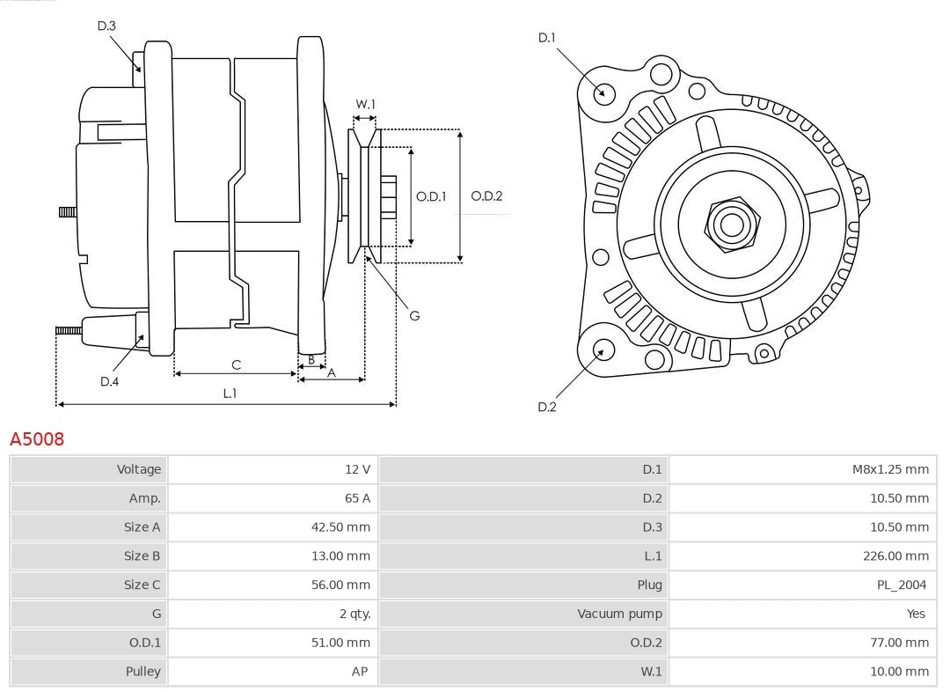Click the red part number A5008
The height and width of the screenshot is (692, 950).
(37, 438)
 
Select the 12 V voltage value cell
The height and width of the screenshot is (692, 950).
(357, 469)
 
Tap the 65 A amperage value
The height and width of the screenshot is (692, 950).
(357, 498)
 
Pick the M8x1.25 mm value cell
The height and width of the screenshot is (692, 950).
(889, 469)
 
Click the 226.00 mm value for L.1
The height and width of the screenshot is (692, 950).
(895, 556)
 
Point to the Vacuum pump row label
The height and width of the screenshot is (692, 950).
(619, 614)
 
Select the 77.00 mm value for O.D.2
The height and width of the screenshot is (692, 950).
(900, 643)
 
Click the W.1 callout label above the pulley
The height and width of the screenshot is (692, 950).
(365, 104)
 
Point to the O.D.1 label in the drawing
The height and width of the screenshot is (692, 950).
(431, 196)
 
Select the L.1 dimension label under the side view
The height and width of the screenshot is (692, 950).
(229, 394)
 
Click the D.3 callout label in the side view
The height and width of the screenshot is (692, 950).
(106, 26)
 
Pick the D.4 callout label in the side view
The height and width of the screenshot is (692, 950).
(109, 381)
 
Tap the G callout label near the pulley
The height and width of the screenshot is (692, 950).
(414, 315)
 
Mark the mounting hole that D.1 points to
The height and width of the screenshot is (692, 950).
(604, 92)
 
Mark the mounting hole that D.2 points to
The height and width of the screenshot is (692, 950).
(603, 350)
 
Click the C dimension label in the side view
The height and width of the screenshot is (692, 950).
(236, 364)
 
